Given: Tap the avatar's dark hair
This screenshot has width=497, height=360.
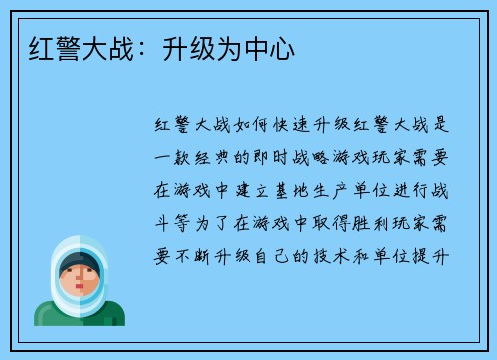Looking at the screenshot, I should tap(79, 261).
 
